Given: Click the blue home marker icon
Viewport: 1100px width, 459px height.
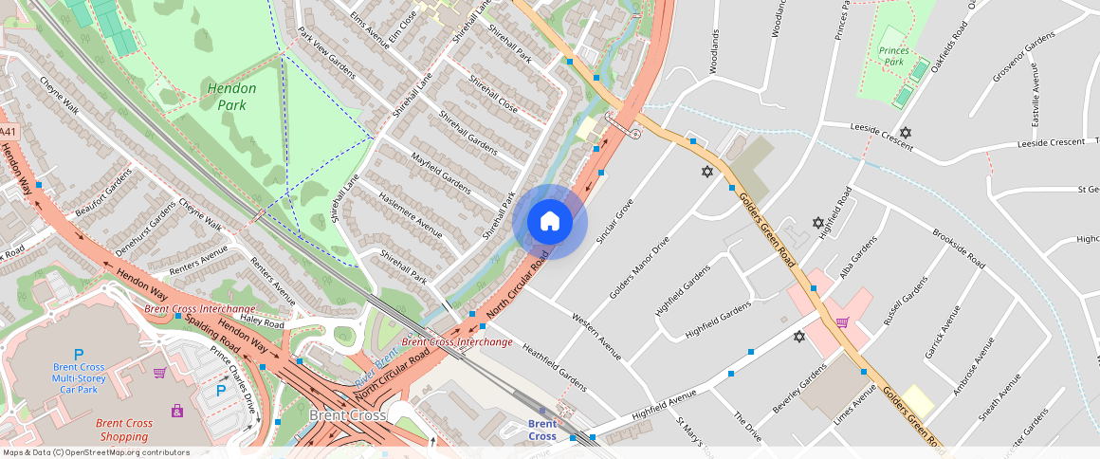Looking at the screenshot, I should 549,222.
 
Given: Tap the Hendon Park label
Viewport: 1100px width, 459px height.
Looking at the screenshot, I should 225,96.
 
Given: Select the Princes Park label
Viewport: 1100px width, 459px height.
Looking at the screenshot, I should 893,56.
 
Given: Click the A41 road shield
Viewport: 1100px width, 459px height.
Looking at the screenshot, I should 8,132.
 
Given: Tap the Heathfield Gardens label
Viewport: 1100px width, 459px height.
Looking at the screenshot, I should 554,368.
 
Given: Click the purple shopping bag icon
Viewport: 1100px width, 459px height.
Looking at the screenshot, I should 177,411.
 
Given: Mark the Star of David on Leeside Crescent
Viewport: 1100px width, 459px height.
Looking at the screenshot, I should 906,133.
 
